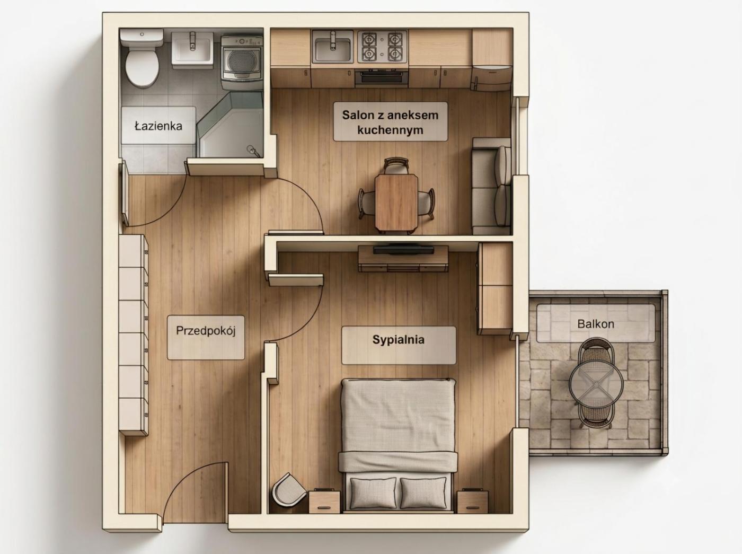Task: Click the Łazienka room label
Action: [x=158, y=126]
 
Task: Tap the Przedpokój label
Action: [x=206, y=331]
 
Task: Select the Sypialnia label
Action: [x=398, y=340]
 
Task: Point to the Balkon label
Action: [x=596, y=324]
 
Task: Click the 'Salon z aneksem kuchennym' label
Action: [x=390, y=122]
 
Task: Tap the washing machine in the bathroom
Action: [x=242, y=63]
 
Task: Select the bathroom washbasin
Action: [x=192, y=50]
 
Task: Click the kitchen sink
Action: [x=333, y=47]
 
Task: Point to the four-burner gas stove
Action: [x=382, y=47]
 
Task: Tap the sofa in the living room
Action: [x=491, y=186]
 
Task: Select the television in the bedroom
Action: [x=403, y=250]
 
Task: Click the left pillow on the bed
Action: [x=373, y=493]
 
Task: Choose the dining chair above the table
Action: [x=396, y=165]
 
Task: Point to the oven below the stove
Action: [x=382, y=77]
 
